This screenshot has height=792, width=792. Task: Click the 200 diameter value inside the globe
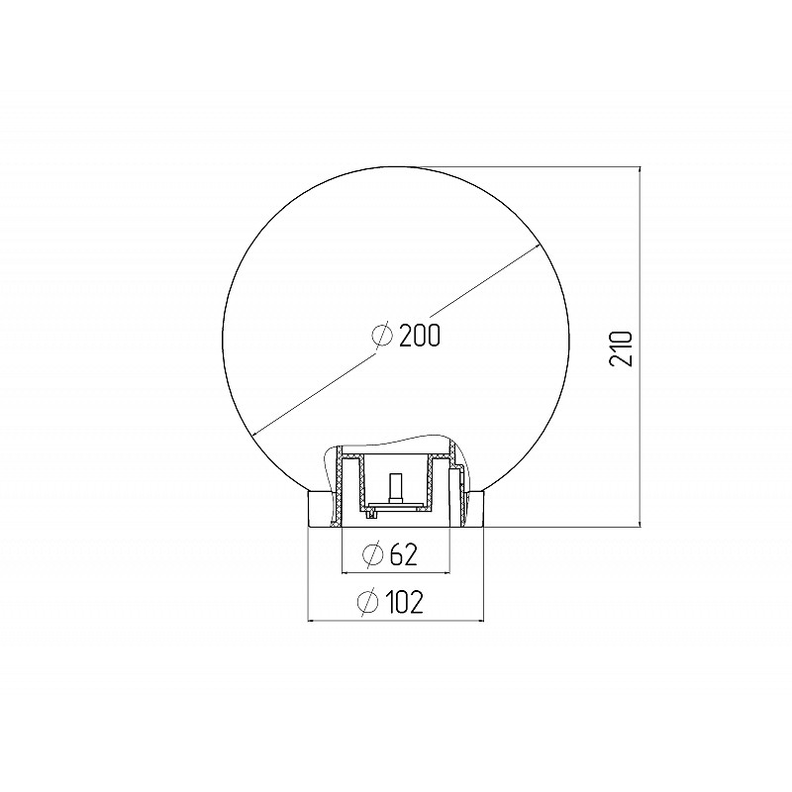(420, 336)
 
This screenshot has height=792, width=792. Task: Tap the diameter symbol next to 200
(382, 335)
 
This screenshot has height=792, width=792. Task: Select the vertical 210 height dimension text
(621, 349)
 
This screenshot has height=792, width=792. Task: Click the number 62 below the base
(404, 554)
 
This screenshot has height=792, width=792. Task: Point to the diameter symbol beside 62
(373, 554)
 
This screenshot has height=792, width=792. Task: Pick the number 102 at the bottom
(404, 602)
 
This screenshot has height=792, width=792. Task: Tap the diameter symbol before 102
(367, 602)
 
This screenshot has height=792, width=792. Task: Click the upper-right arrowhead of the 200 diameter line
(536, 247)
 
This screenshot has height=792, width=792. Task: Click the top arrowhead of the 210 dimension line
(640, 171)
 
